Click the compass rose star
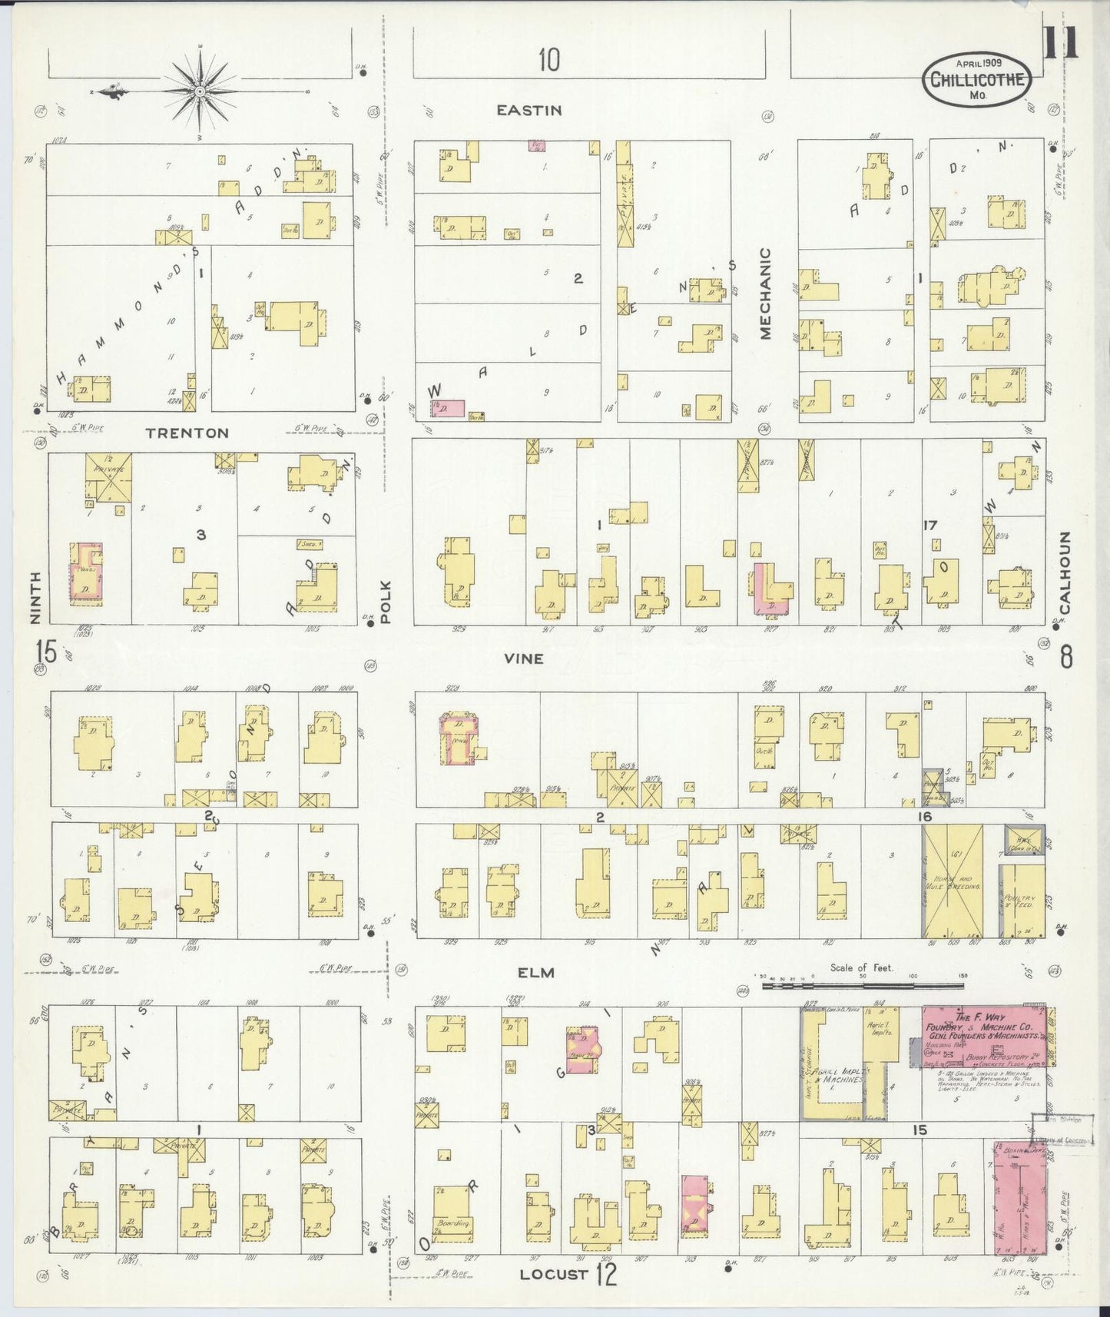click(200, 91)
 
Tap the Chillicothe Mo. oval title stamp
click(977, 81)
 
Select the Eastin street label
click(529, 111)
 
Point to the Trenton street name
click(187, 433)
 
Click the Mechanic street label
click(765, 293)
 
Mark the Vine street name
click(524, 658)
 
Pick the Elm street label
click(535, 973)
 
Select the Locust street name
click(554, 1274)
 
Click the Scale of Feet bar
click(862, 984)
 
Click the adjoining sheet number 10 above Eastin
click(548, 60)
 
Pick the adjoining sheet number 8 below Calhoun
click(1065, 657)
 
